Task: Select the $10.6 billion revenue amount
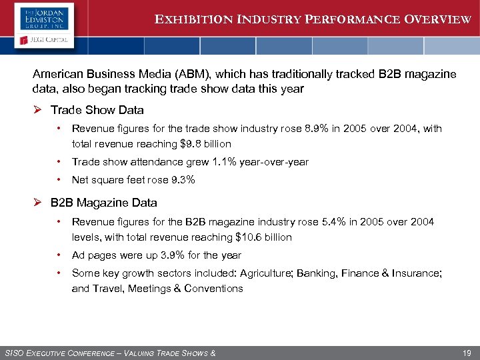[x=263, y=237]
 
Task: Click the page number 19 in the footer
[x=466, y=353]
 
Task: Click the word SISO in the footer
[x=15, y=353]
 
